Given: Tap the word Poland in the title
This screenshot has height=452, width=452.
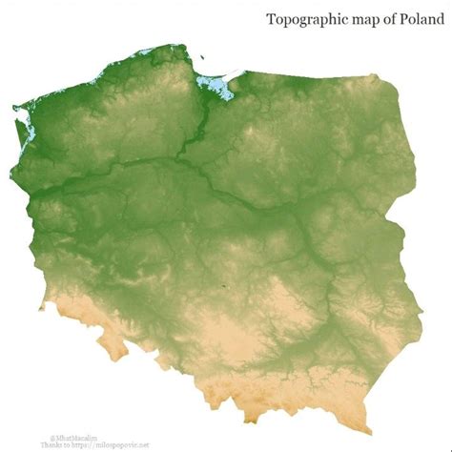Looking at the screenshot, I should (417, 19).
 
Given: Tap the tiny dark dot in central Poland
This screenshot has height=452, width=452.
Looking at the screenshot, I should (226, 283).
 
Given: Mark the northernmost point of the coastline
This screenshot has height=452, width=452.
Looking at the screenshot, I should (175, 45).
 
